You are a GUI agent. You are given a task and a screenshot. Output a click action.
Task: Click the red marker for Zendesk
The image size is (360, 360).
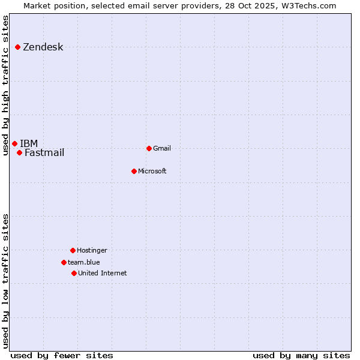point(18,47)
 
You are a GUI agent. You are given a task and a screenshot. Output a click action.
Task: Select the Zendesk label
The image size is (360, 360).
point(43,47)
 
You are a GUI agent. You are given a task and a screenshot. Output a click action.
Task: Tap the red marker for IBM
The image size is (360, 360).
point(14,143)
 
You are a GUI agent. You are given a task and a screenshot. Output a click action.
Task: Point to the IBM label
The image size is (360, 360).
point(29,143)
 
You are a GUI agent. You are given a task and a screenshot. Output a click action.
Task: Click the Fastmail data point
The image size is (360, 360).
point(19,152)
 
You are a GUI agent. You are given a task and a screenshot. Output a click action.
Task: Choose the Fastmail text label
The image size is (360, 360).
point(44,152)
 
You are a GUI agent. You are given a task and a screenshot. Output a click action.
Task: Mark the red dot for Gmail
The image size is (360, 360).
point(149,148)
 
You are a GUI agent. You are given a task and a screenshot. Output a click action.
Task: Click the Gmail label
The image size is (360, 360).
point(162,148)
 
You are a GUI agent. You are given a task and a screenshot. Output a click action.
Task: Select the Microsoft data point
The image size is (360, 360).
point(134,171)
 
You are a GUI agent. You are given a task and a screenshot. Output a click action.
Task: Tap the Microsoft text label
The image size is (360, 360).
point(152,171)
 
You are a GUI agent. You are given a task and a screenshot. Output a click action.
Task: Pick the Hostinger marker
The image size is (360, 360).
point(73,250)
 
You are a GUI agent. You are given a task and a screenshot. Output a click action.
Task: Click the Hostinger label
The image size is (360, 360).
point(92,250)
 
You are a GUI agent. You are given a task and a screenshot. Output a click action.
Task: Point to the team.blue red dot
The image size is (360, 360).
point(64,262)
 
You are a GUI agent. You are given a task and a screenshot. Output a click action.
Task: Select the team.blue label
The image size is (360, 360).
point(84,262)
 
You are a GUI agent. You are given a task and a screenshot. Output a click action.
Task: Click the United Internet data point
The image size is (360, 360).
point(74,273)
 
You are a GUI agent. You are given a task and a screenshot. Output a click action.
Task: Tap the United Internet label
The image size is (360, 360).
point(103,273)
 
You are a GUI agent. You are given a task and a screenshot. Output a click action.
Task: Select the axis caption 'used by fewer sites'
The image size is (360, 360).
point(62,355)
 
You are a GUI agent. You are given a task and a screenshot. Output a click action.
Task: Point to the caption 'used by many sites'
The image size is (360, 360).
point(301,355)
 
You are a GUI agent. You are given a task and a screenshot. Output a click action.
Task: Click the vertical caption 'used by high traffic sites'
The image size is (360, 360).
point(6,85)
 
